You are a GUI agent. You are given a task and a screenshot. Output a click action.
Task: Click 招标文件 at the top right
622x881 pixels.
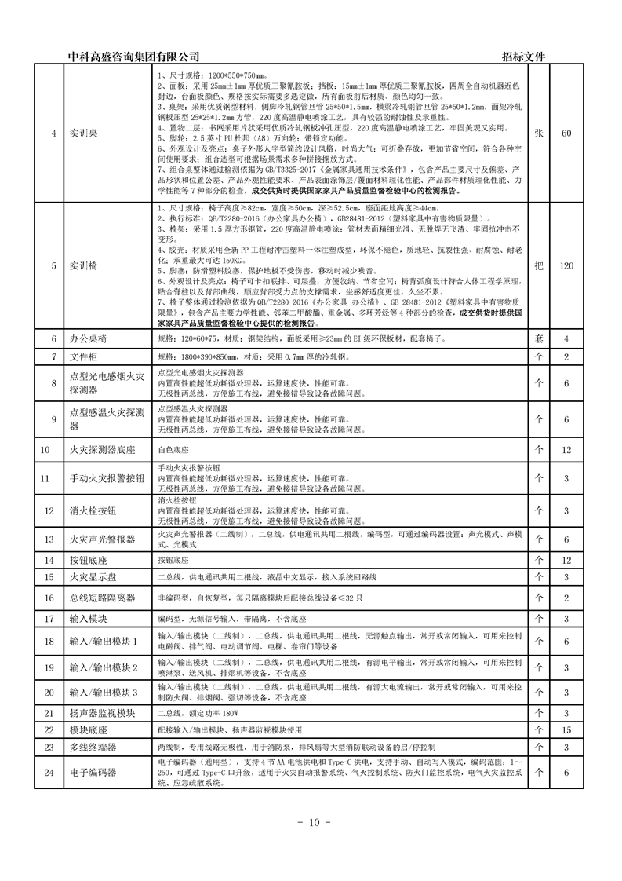(x=522, y=57)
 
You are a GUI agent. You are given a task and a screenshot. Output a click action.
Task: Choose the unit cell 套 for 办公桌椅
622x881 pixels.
(x=539, y=339)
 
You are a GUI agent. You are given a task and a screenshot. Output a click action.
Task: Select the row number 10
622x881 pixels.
(x=45, y=450)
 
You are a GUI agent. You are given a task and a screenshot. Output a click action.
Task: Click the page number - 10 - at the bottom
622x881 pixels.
(x=311, y=822)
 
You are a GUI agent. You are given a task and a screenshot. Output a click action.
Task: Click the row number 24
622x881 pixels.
(x=45, y=773)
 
